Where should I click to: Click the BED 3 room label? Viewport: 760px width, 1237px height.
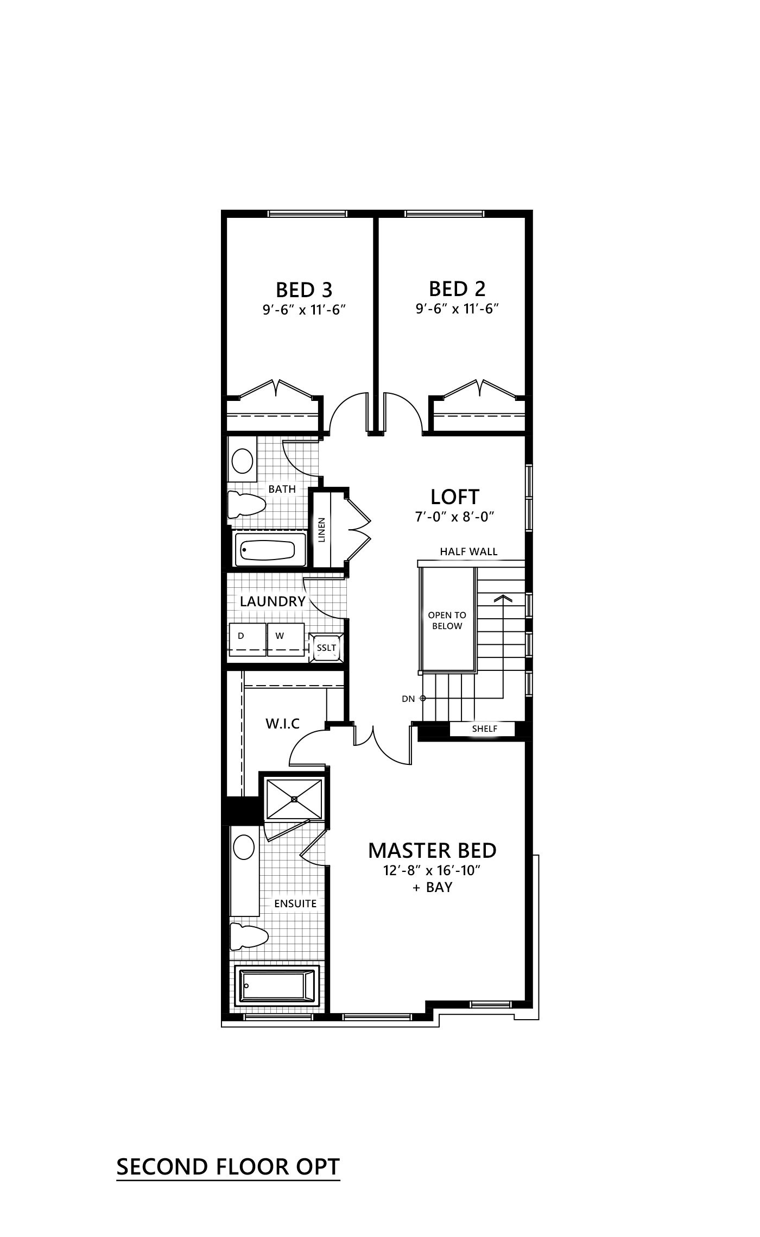304,290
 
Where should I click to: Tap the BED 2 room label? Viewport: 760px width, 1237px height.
457,288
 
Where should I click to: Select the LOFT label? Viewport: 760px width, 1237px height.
454,497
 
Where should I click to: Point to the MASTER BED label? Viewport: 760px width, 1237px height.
432,850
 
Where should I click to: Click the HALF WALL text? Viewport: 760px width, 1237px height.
468,552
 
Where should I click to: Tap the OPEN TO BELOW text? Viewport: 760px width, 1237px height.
447,620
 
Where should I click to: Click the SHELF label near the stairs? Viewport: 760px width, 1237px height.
484,729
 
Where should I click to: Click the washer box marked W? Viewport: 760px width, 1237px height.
286,639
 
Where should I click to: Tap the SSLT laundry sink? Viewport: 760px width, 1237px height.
327,648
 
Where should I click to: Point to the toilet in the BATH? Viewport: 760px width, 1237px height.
246,504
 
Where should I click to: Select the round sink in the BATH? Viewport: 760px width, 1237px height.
242,462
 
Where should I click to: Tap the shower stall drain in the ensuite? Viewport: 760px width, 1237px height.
294,799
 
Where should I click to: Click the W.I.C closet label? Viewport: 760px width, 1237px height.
282,724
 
